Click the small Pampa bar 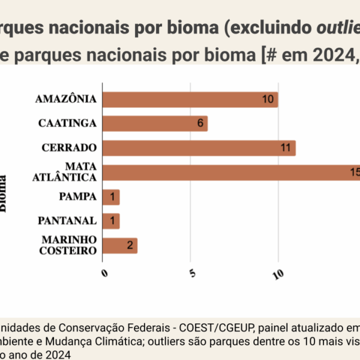(111, 197)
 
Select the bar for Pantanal (111, 221)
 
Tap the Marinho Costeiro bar (120, 245)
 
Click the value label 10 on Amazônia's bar (268, 100)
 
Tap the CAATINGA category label (68, 124)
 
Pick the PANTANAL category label (68, 221)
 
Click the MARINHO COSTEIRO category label (69, 245)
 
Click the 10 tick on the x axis (278, 275)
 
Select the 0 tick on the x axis (104, 274)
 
